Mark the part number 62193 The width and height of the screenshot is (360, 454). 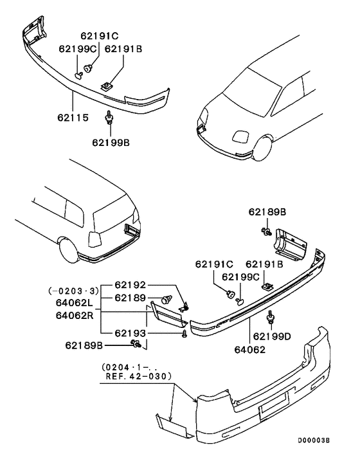[x=131, y=334]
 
